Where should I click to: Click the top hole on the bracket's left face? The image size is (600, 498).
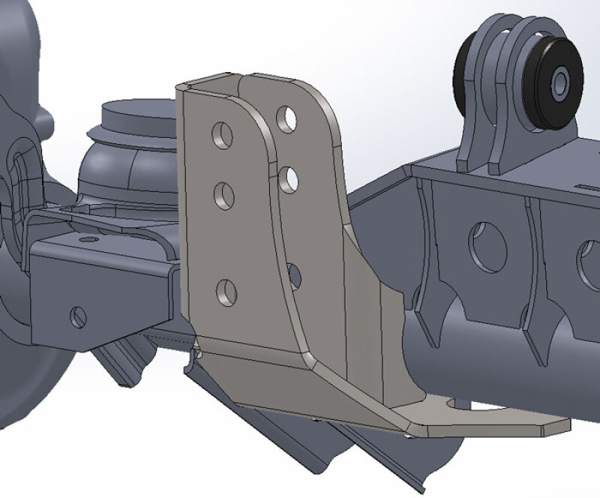(x=222, y=134)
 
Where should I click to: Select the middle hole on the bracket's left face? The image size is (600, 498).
(x=224, y=196)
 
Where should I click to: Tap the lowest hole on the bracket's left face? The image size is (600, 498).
(x=226, y=292)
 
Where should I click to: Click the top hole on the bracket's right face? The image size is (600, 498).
(x=286, y=118)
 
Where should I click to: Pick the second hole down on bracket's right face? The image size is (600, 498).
(x=289, y=179)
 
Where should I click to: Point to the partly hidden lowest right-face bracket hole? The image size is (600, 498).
(x=294, y=275)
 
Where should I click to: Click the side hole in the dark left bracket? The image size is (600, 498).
(x=78, y=317)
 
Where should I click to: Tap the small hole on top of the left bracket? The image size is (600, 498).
(x=88, y=238)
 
